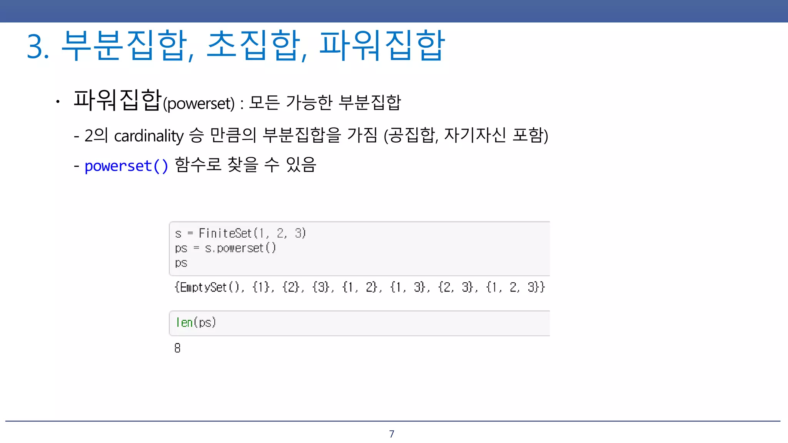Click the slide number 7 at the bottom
[x=392, y=434]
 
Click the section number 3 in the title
[x=35, y=47]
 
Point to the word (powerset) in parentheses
[x=199, y=103]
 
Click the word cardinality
[x=149, y=136]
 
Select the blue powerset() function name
[x=126, y=166]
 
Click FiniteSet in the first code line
[x=225, y=233]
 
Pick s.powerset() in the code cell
[x=240, y=248]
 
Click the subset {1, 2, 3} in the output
[x=515, y=287]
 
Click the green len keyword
[x=184, y=323]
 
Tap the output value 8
[x=177, y=348]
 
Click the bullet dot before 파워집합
[x=58, y=102]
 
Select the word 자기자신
[x=475, y=135]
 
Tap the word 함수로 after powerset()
[x=198, y=165]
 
